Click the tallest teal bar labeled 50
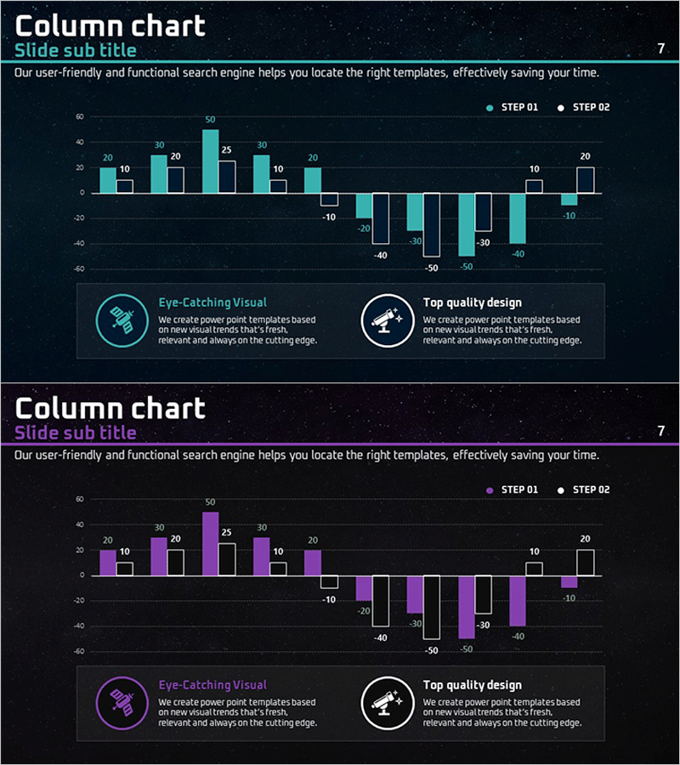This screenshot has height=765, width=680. (210, 161)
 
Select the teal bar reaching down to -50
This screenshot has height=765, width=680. (467, 224)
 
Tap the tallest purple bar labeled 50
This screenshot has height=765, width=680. (210, 544)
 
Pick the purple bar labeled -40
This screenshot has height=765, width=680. (518, 601)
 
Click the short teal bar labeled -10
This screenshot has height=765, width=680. (569, 199)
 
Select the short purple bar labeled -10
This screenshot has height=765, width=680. (569, 581)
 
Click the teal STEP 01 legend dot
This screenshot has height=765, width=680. (490, 108)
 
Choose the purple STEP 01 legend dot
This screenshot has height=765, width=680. (490, 490)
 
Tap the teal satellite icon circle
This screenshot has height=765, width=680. (122, 320)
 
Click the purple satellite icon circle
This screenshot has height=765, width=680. (122, 702)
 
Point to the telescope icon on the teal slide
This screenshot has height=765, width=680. (386, 320)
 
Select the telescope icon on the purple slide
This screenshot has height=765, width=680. (386, 702)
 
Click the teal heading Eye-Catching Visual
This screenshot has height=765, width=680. (212, 303)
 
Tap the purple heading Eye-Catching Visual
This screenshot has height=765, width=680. (212, 685)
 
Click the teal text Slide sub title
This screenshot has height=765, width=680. (76, 50)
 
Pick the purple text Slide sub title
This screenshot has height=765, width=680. (76, 433)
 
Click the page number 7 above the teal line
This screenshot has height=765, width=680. (660, 49)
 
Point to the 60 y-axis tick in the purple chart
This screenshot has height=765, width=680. (79, 499)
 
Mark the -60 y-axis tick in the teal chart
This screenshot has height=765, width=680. (78, 269)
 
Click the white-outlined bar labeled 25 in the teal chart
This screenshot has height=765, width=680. (227, 177)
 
